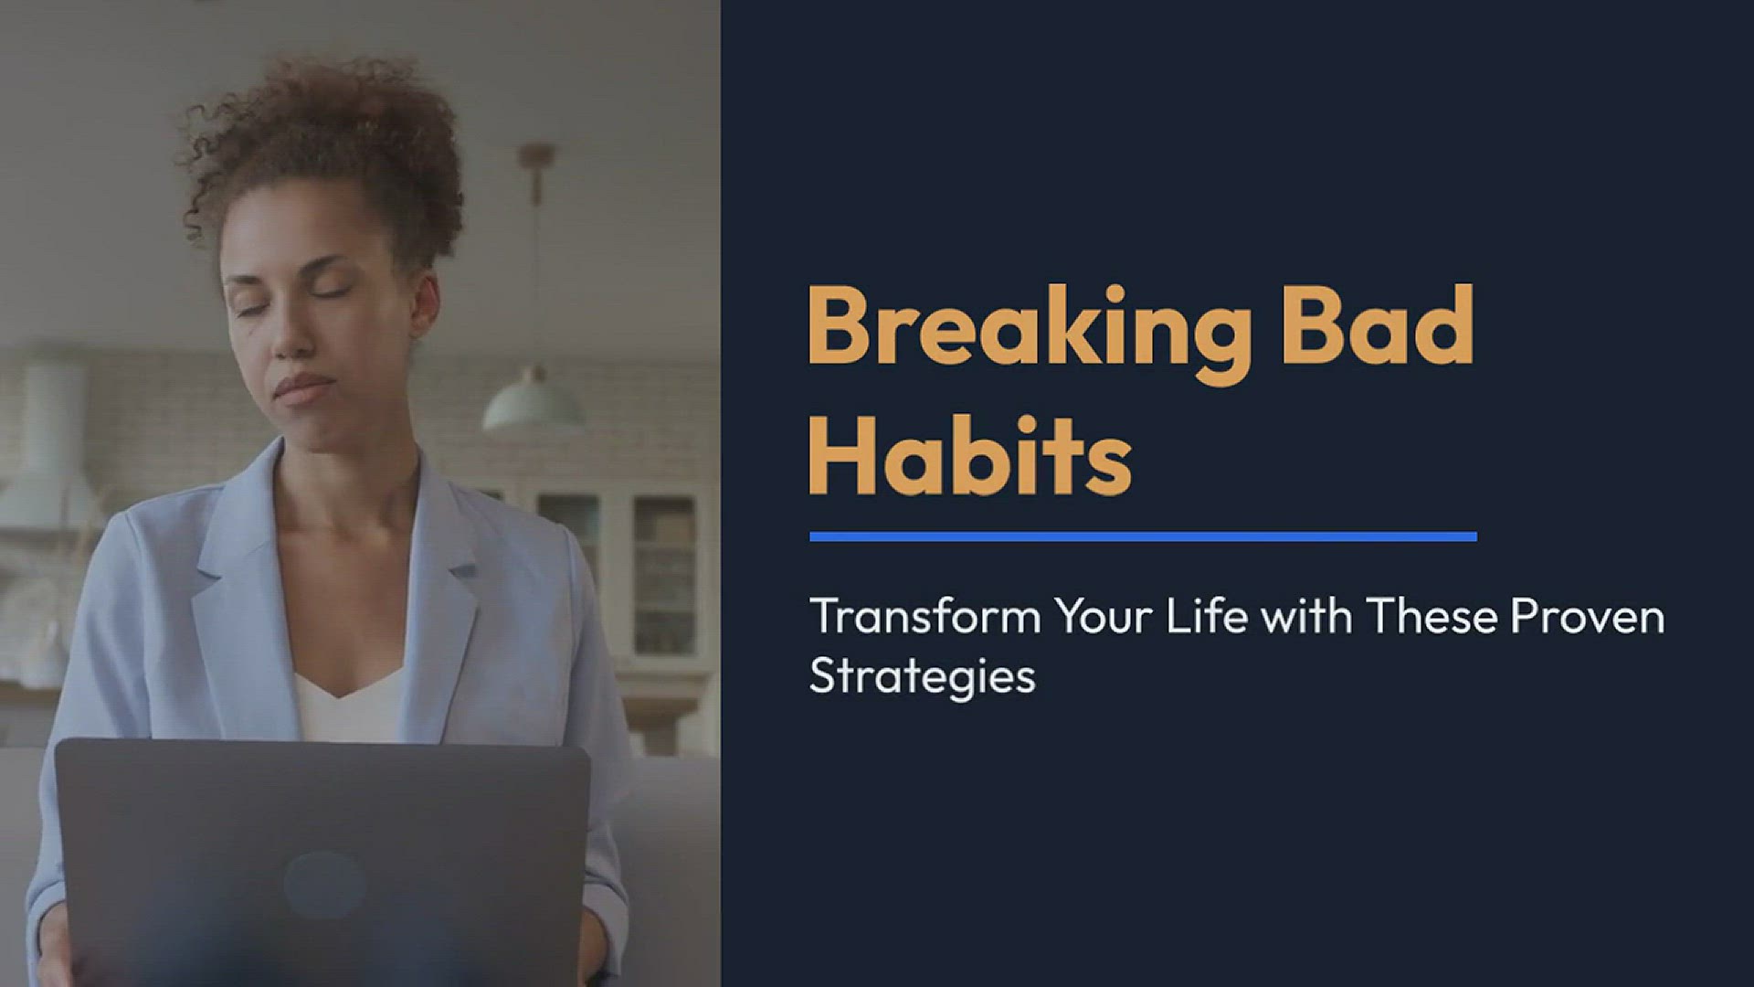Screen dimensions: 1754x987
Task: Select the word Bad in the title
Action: [x=1379, y=324]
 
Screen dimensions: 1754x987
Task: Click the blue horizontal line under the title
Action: [x=1143, y=536]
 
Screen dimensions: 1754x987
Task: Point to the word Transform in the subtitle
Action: [x=925, y=617]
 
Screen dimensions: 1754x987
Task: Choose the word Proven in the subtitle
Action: [x=1587, y=618]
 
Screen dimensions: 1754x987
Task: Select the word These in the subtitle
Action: [x=1432, y=617]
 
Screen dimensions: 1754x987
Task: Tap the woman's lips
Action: [x=304, y=388]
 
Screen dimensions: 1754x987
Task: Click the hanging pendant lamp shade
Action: [x=533, y=403]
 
